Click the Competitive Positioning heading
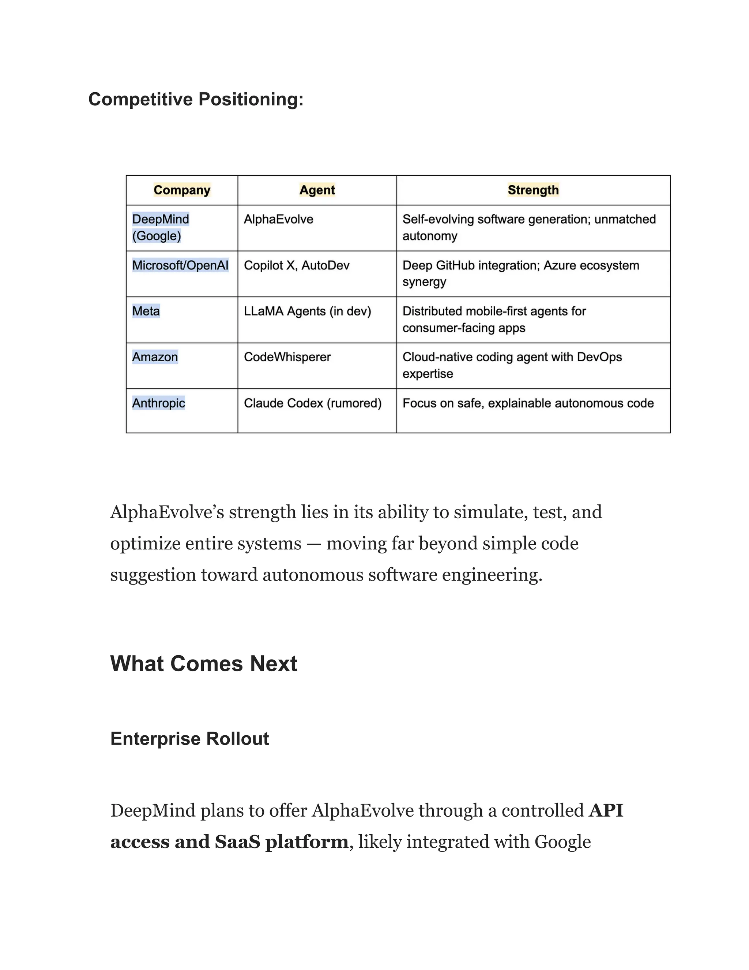click(196, 99)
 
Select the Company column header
click(182, 190)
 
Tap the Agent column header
click(317, 190)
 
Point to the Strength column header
click(533, 190)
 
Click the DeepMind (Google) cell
click(161, 227)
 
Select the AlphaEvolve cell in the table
click(279, 219)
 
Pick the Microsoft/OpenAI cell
click(180, 266)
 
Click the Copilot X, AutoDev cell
click(296, 266)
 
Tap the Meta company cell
click(146, 311)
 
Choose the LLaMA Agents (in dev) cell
click(307, 311)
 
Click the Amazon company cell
click(155, 357)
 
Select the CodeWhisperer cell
click(287, 357)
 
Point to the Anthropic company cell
click(158, 403)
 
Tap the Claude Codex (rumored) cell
click(312, 403)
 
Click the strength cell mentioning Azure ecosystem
click(520, 273)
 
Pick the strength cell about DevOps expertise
click(512, 365)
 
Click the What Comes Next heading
click(204, 664)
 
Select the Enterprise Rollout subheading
click(189, 739)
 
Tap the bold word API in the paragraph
click(606, 810)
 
